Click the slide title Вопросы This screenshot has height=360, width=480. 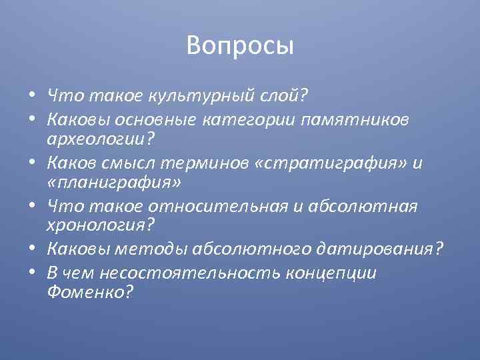pyautogui.click(x=240, y=45)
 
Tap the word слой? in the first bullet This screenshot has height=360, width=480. pyautogui.click(x=280, y=97)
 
